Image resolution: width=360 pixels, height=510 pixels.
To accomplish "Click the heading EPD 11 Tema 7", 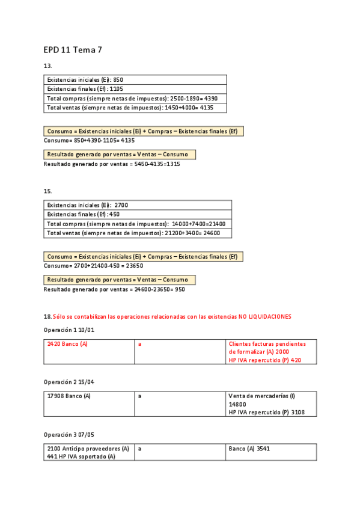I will (x=73, y=50).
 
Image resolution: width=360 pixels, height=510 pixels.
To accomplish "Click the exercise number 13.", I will (x=47, y=66).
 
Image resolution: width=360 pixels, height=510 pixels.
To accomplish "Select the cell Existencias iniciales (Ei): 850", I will (x=85, y=79).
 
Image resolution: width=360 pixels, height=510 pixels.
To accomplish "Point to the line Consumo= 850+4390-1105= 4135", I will (x=89, y=140).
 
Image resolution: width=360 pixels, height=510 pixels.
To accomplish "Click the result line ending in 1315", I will (x=112, y=164).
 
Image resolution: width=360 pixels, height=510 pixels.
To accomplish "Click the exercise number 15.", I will (x=47, y=191).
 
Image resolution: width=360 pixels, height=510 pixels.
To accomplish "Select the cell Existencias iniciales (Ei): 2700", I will (x=87, y=205).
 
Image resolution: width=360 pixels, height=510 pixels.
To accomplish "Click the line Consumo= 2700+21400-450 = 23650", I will (x=93, y=265).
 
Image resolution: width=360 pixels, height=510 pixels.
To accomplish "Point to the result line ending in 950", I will (x=114, y=289).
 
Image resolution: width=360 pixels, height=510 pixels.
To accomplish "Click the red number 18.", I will (x=47, y=316).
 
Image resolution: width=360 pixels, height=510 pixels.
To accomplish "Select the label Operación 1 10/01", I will (x=69, y=330).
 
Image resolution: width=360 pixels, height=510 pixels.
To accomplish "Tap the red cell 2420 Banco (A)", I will (x=67, y=344).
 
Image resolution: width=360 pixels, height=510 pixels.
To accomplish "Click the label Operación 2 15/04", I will (x=69, y=382).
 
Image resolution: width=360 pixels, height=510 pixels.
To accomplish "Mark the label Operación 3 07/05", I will (x=69, y=434).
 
